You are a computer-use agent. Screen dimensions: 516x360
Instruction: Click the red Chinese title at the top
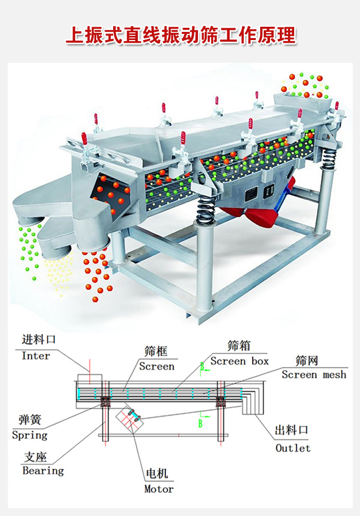181,35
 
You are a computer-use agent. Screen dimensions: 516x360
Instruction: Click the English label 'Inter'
36,356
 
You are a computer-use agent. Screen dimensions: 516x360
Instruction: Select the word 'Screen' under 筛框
157,366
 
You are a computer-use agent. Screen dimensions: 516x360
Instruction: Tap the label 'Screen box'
240,361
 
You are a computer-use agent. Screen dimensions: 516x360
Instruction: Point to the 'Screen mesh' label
314,375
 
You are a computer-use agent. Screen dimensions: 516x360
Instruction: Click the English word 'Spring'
29,435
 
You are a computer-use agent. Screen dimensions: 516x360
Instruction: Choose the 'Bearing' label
43,471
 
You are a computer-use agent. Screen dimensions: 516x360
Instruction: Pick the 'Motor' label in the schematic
158,489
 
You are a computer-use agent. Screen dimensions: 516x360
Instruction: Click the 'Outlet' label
293,448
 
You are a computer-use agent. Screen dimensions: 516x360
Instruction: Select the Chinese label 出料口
292,430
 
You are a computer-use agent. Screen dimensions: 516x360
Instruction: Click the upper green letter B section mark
203,366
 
